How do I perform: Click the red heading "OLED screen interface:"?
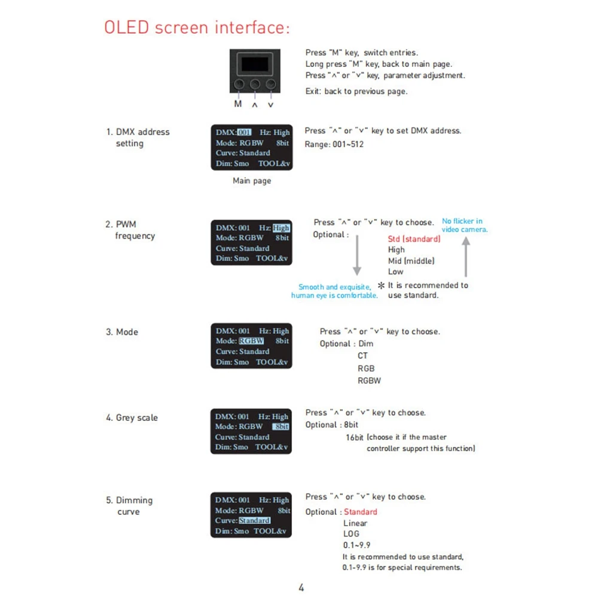click(197, 28)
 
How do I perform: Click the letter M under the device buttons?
click(238, 103)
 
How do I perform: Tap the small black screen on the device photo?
click(255, 64)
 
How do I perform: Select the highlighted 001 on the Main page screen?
click(244, 132)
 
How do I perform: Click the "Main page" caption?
click(252, 181)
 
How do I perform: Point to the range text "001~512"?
click(348, 144)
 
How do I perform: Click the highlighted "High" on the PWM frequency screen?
click(281, 228)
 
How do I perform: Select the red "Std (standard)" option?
click(414, 239)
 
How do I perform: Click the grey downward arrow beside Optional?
click(357, 255)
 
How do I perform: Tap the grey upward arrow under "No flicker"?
click(466, 257)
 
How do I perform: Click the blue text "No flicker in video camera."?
click(465, 225)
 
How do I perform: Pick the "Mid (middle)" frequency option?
click(411, 261)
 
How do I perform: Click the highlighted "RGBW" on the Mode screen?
click(251, 341)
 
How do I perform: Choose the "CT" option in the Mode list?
click(363, 355)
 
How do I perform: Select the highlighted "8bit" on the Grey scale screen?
click(280, 426)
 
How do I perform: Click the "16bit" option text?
click(354, 438)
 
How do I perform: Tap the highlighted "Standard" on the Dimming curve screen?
click(254, 520)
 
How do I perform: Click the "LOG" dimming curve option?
click(351, 534)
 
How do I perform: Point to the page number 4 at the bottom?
click(301, 587)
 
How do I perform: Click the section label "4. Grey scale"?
click(132, 417)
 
